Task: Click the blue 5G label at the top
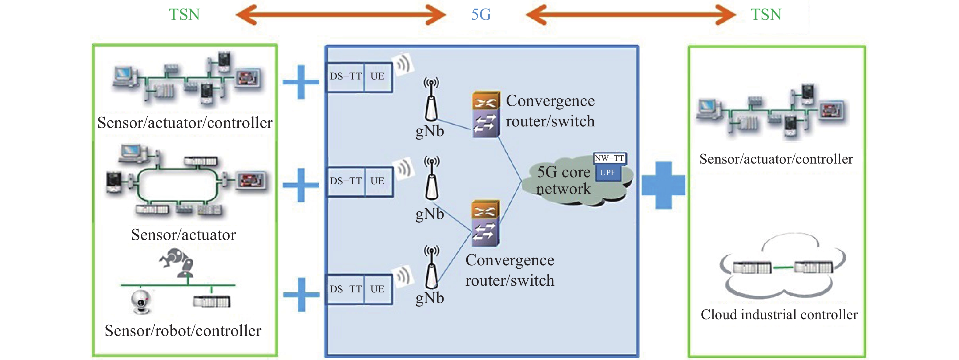[481, 15]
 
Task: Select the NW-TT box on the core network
[609, 158]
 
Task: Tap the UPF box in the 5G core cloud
[608, 173]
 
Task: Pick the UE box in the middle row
[378, 181]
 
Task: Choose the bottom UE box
[378, 289]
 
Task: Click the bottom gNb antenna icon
[431, 266]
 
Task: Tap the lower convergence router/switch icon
[486, 223]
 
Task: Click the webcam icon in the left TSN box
[141, 302]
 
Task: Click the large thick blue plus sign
[663, 185]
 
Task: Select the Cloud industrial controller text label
[779, 315]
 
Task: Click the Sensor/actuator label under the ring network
[184, 235]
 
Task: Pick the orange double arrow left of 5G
[341, 15]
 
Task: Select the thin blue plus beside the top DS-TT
[301, 82]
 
